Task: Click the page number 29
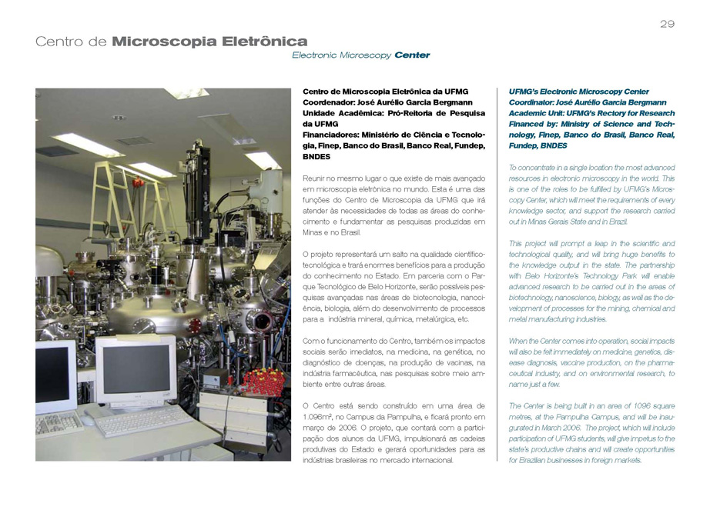pos(667,24)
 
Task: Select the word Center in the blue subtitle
pos(412,55)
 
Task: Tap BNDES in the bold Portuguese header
pos(317,156)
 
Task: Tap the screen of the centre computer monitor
pos(136,368)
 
